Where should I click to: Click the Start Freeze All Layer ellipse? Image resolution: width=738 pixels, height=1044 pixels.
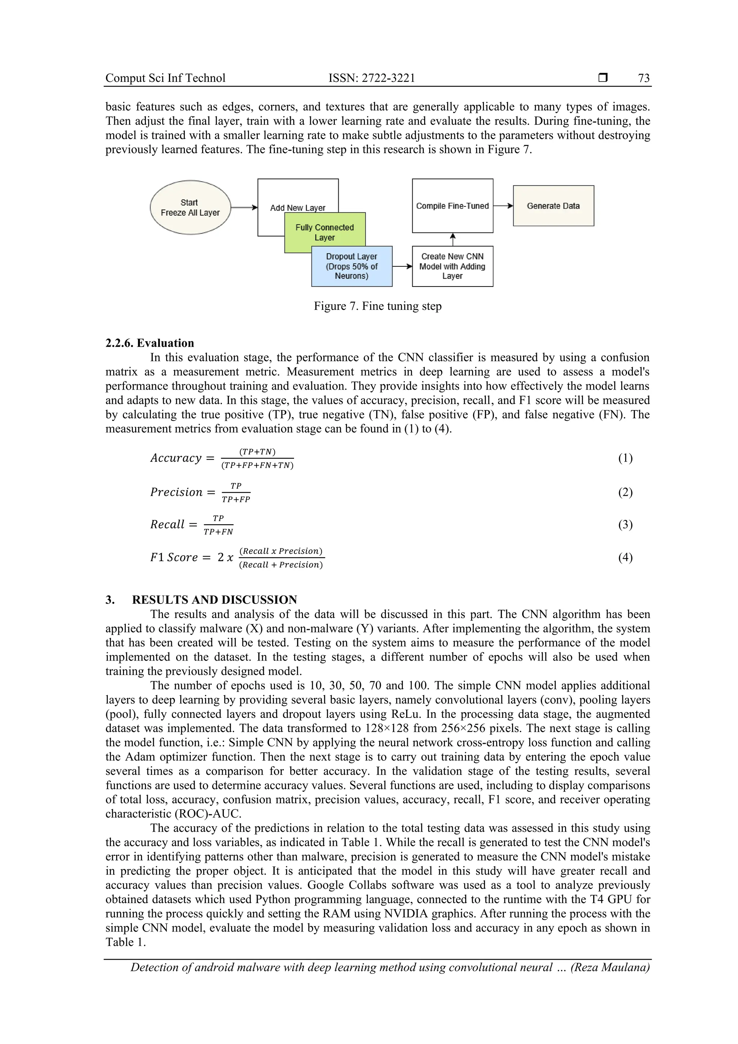point(190,207)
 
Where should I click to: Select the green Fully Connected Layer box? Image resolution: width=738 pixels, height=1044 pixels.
point(325,232)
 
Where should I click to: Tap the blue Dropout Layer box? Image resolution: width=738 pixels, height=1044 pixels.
point(351,266)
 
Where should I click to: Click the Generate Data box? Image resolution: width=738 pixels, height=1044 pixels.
point(553,205)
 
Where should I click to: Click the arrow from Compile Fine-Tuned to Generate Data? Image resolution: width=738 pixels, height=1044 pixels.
point(503,205)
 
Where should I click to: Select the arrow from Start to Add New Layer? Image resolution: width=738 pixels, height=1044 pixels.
point(244,207)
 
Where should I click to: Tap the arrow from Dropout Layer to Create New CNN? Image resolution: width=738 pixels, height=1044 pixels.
point(402,266)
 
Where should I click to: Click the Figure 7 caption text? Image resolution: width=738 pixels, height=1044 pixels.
point(377,306)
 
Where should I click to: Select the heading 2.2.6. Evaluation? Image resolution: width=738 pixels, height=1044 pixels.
point(150,343)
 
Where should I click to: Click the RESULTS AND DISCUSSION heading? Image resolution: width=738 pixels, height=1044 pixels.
point(214,599)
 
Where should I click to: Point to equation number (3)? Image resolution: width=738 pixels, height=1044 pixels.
point(625,524)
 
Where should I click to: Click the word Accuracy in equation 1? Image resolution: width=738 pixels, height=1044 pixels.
point(176,458)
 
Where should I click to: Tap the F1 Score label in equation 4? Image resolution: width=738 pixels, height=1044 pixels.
point(174,557)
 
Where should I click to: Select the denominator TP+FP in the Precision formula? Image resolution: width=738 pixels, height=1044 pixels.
point(236,499)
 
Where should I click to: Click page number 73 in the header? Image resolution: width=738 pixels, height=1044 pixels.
point(644,78)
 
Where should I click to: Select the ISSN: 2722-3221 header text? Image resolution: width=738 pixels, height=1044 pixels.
point(372,78)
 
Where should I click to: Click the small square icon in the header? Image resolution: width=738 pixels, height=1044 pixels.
point(603,78)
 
